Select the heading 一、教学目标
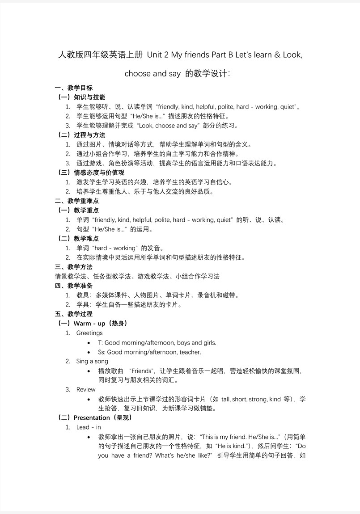(x=74, y=88)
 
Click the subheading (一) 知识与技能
(x=82, y=97)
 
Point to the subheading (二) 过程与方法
(x=82, y=135)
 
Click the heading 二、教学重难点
(x=77, y=201)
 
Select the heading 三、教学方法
(x=74, y=267)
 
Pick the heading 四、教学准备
(x=74, y=286)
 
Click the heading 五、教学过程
(x=74, y=314)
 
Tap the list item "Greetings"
(x=89, y=333)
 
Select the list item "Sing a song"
(x=92, y=361)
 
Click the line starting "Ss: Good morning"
(x=149, y=352)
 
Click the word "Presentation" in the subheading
(x=92, y=418)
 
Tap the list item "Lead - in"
(x=89, y=427)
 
